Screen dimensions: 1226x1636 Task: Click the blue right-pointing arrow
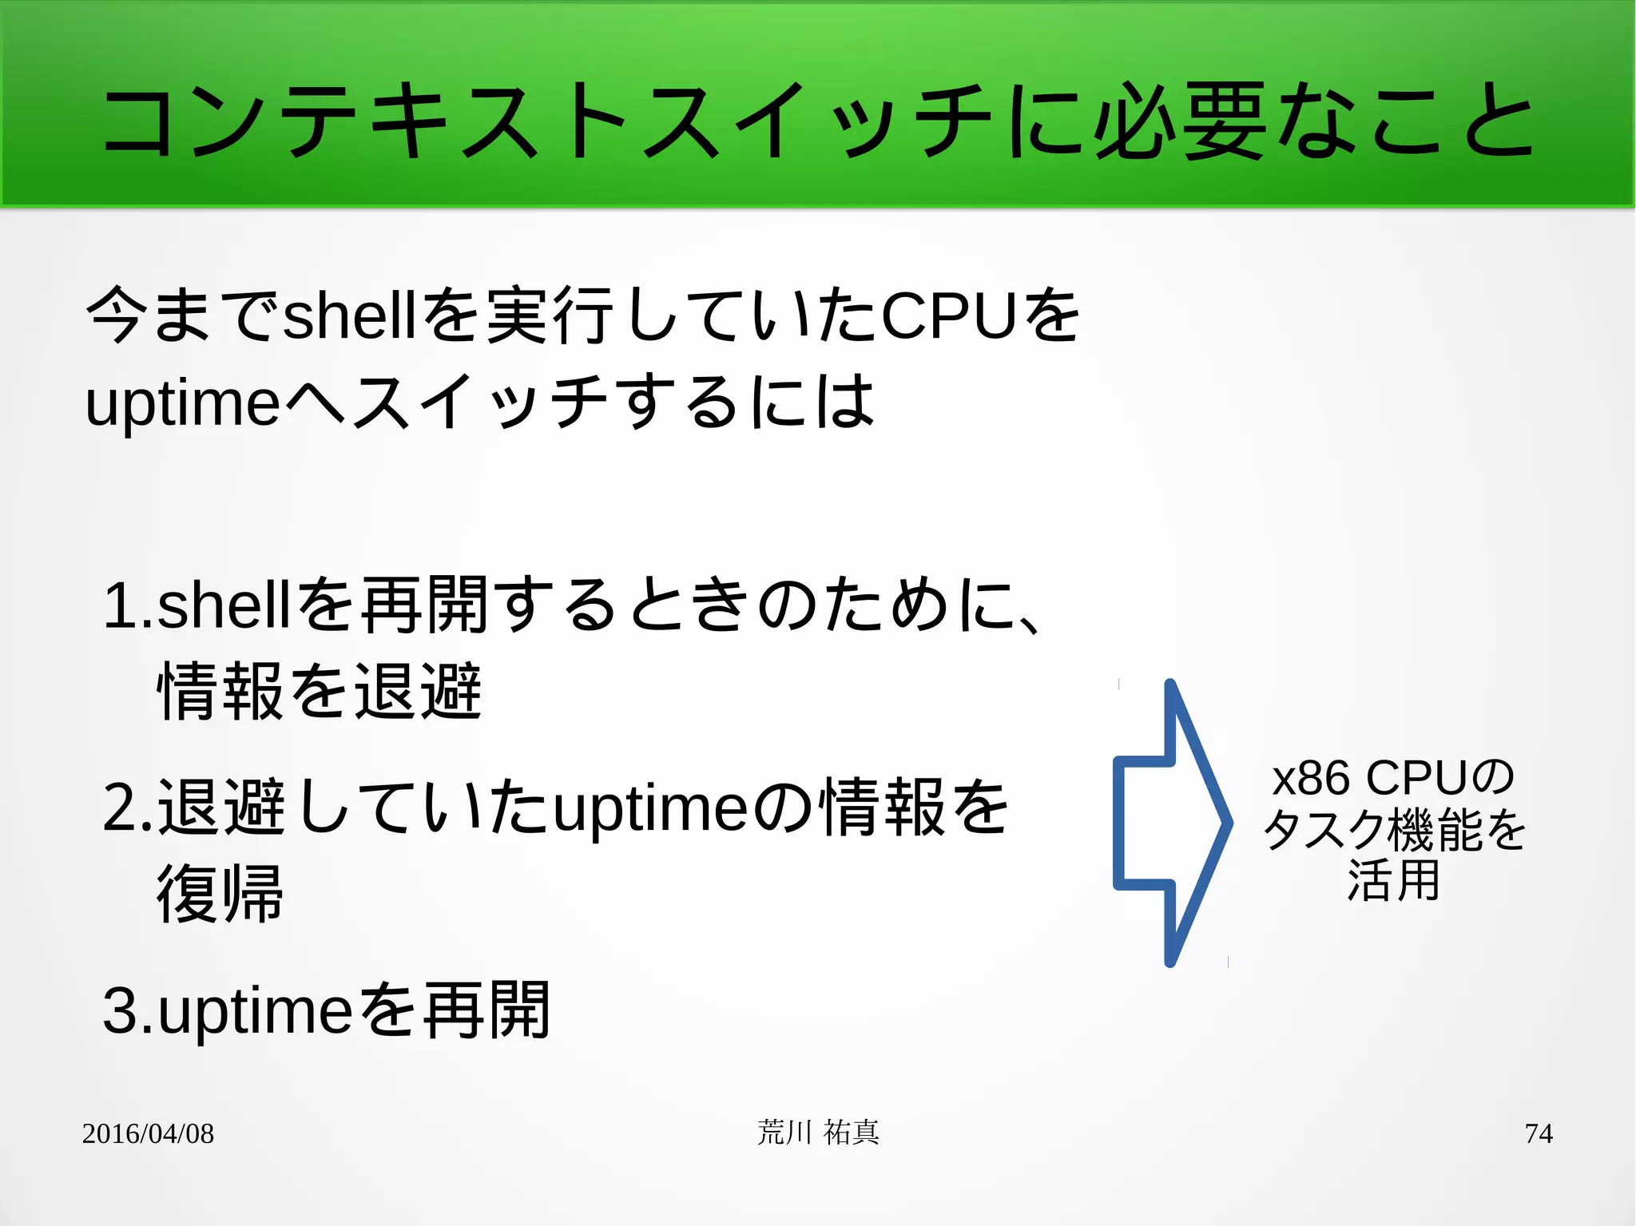click(1171, 823)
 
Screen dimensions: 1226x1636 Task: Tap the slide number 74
click(1538, 1133)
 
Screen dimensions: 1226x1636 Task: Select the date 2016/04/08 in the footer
click(148, 1133)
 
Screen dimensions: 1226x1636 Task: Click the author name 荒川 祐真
click(818, 1133)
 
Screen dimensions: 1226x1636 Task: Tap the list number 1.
click(121, 605)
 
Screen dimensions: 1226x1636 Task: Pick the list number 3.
click(121, 1011)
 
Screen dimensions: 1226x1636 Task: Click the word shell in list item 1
click(224, 605)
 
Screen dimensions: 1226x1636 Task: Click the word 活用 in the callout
click(1393, 880)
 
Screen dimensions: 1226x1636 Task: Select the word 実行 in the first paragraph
click(550, 316)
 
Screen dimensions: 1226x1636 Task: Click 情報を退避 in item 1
click(320, 692)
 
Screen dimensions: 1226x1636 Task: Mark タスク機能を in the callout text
click(1394, 830)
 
